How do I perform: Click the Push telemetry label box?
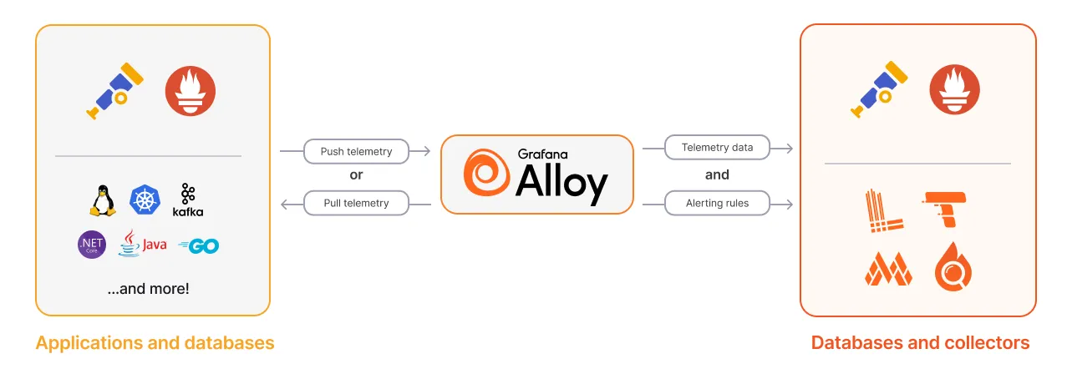[356, 151]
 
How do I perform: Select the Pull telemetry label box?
[356, 204]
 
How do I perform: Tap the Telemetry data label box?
[717, 148]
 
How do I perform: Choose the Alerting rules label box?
[717, 204]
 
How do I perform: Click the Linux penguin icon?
[103, 200]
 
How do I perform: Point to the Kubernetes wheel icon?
[145, 200]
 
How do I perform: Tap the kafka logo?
[188, 200]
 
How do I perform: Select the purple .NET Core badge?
[92, 245]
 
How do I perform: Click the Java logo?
[142, 243]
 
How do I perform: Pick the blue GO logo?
[199, 245]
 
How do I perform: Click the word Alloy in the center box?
[561, 183]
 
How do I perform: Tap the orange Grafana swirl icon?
[486, 172]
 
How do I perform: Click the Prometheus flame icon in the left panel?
[191, 91]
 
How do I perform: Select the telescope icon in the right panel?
[879, 89]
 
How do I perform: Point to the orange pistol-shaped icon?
[944, 209]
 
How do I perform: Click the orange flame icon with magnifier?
[953, 266]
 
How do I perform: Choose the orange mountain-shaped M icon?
[888, 269]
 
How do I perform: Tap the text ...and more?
[148, 289]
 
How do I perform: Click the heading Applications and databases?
[155, 343]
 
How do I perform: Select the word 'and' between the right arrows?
[717, 174]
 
